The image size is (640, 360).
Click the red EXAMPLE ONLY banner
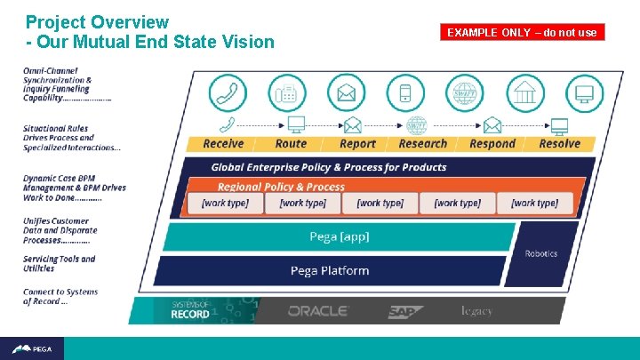(x=523, y=33)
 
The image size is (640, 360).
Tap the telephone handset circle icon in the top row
(x=228, y=92)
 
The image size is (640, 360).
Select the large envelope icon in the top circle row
(x=346, y=92)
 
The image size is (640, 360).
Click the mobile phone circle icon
(x=405, y=92)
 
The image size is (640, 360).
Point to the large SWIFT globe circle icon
(x=465, y=92)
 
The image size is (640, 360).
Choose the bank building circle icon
(x=525, y=92)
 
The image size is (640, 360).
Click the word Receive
(x=223, y=144)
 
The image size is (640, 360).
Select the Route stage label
(x=291, y=144)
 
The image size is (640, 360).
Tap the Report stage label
(x=357, y=144)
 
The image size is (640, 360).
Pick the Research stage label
(x=423, y=144)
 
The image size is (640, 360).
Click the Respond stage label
(x=492, y=144)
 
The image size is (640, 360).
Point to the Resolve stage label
(x=559, y=144)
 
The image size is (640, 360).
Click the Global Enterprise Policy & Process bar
(x=329, y=167)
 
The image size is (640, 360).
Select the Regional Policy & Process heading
(x=281, y=187)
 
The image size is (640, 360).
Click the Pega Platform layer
(x=329, y=270)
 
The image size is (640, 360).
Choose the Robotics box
(x=540, y=254)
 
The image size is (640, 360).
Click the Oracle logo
(x=318, y=311)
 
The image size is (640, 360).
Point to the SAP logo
(x=405, y=312)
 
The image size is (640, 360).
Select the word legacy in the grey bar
(x=476, y=311)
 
